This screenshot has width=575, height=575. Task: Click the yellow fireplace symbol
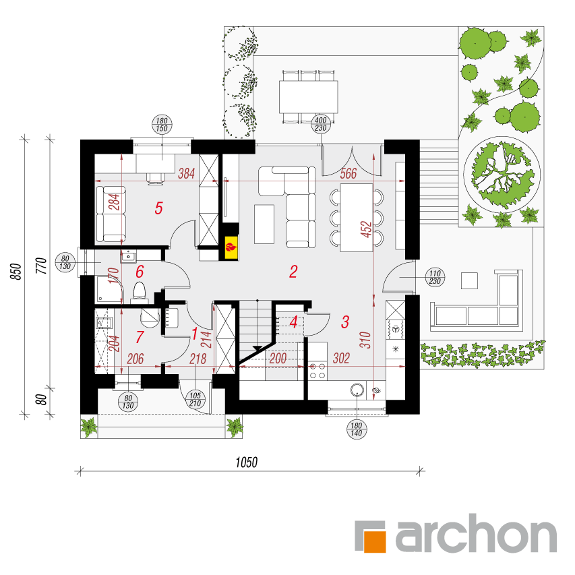231,247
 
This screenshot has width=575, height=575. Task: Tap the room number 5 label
158,208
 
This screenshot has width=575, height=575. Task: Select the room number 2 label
293,272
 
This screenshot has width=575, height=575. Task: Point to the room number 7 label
140,337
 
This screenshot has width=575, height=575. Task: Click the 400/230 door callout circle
320,124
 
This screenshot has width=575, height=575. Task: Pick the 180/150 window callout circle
162,124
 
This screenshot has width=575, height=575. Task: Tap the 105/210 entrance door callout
195,399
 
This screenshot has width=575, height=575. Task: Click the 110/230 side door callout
435,277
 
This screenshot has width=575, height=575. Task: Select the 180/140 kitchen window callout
357,429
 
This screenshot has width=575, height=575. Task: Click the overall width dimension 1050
247,462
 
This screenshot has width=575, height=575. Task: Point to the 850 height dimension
16,272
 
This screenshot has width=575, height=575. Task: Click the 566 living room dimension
348,173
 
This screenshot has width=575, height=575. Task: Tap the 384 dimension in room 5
186,173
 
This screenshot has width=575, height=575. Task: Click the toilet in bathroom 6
140,292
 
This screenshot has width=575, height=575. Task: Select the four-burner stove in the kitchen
317,370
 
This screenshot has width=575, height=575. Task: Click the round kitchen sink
357,390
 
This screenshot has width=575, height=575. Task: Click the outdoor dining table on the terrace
309,97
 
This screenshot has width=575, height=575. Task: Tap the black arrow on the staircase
258,348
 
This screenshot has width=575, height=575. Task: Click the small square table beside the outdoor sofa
469,280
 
